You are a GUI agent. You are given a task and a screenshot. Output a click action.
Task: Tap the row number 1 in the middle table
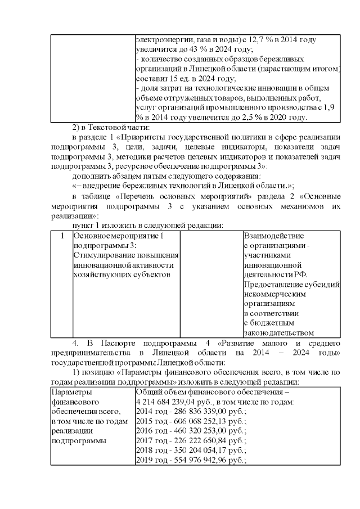point(61,236)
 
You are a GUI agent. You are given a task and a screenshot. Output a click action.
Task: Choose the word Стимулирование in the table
point(101,255)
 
